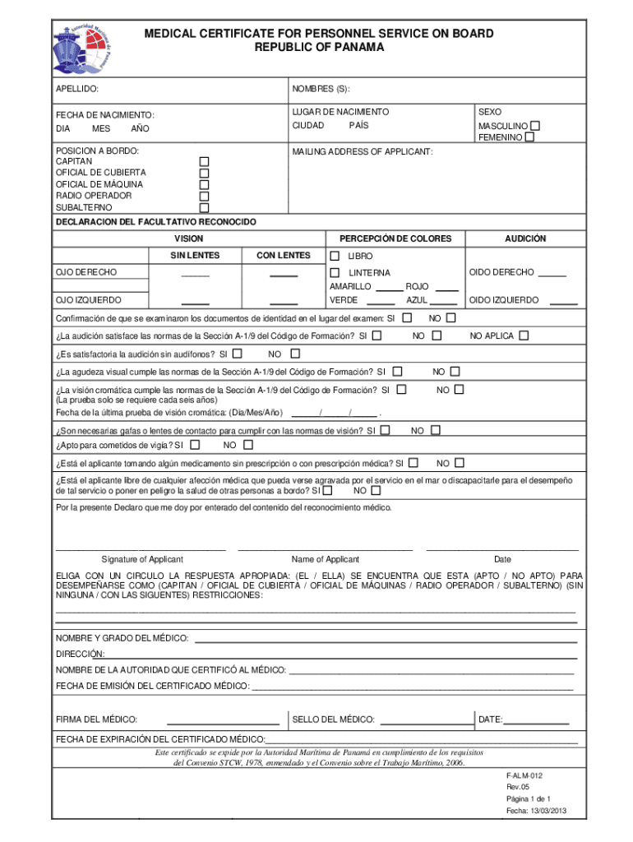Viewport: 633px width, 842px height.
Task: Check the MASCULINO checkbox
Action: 535,126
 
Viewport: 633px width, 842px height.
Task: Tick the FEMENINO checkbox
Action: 529,137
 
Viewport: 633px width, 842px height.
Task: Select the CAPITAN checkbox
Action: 205,162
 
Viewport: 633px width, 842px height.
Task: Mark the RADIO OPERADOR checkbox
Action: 205,196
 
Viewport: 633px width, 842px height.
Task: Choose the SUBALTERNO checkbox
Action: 205,207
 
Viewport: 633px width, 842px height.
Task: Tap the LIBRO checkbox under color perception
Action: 335,256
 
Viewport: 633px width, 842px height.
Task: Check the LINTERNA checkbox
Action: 335,272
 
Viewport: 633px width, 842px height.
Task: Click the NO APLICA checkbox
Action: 524,335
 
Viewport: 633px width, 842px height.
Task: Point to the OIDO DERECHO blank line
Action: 552,275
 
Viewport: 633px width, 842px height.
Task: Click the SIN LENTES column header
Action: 195,256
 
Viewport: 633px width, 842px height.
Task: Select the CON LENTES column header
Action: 283,256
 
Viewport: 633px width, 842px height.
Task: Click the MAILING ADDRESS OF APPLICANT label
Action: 362,152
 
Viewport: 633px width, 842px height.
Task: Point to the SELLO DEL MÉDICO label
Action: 333,719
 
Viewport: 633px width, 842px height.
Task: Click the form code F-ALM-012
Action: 524,775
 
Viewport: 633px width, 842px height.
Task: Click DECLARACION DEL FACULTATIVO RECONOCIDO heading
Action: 155,223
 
